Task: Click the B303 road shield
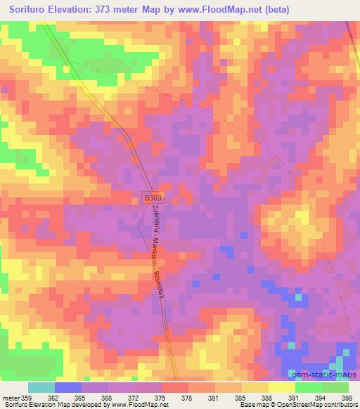pos(153,199)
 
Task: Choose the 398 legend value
pos(347,397)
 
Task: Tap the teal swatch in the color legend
pos(41,387)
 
